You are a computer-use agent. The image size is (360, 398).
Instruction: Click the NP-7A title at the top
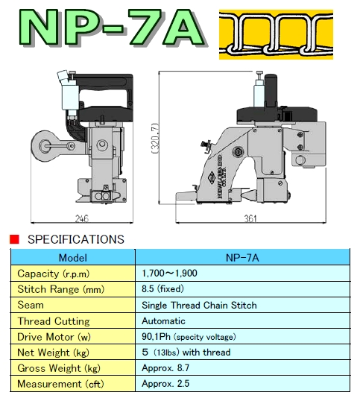(x=113, y=28)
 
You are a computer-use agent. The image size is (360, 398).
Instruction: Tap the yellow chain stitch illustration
(x=276, y=34)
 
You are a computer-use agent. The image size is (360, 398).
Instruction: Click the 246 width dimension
(x=82, y=218)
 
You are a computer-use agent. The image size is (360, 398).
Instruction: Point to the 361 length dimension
(x=250, y=218)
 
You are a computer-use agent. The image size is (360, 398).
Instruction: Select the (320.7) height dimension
(x=155, y=139)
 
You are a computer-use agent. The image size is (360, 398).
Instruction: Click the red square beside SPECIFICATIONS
(x=14, y=239)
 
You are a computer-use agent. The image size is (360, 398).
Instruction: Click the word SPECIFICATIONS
(x=76, y=239)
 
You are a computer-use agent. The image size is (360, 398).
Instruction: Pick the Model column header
(x=73, y=258)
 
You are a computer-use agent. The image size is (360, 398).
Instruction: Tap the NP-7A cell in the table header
(x=242, y=258)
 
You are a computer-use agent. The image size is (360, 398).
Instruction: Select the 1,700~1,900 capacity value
(x=169, y=274)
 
